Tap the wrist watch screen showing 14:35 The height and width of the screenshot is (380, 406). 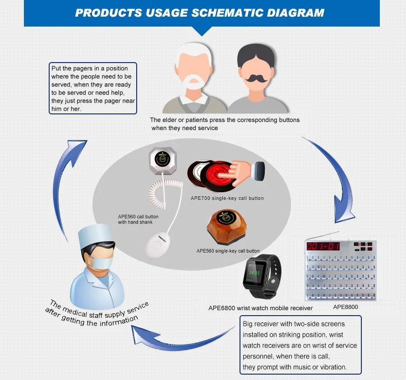[x=255, y=273]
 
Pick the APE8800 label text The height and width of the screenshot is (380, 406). [x=346, y=308]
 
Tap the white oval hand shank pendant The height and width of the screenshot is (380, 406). [x=156, y=246]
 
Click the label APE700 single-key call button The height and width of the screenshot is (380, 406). [x=227, y=198]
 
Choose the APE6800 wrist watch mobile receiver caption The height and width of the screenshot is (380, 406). [x=260, y=308]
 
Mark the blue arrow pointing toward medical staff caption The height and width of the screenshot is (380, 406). [x=180, y=344]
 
